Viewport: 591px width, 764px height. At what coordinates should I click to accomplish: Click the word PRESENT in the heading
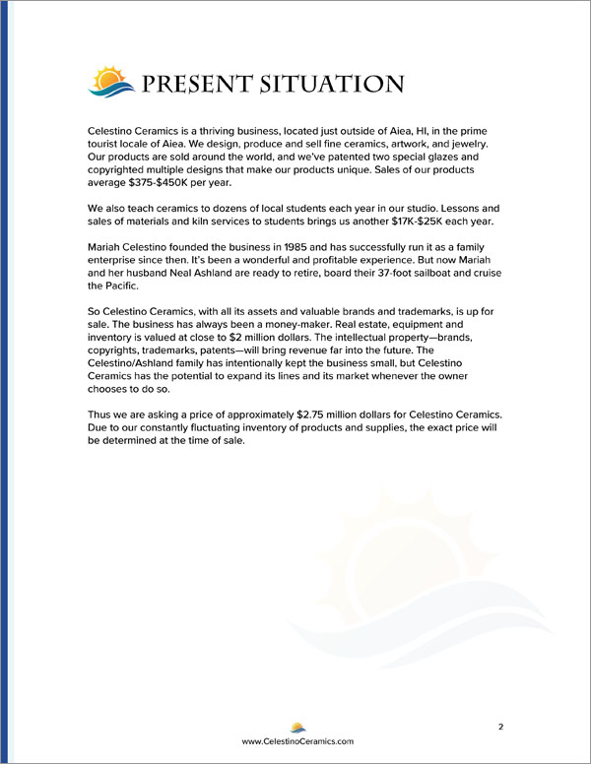[201, 84]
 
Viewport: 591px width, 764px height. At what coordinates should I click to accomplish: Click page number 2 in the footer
[500, 727]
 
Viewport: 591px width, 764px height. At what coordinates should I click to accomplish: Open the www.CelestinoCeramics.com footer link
[296, 740]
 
